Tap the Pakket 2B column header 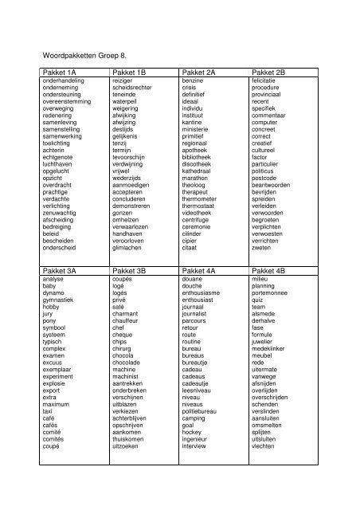point(273,73)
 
